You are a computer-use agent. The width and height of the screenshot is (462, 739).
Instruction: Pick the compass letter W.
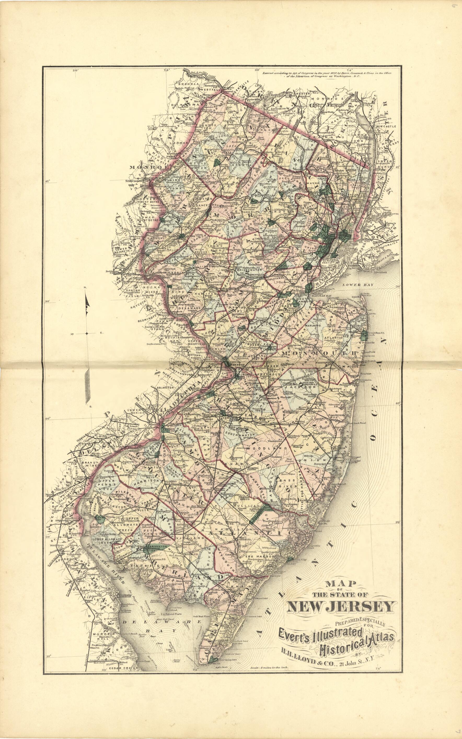[x=73, y=333]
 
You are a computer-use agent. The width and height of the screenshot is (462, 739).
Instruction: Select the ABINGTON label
[x=166, y=387]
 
